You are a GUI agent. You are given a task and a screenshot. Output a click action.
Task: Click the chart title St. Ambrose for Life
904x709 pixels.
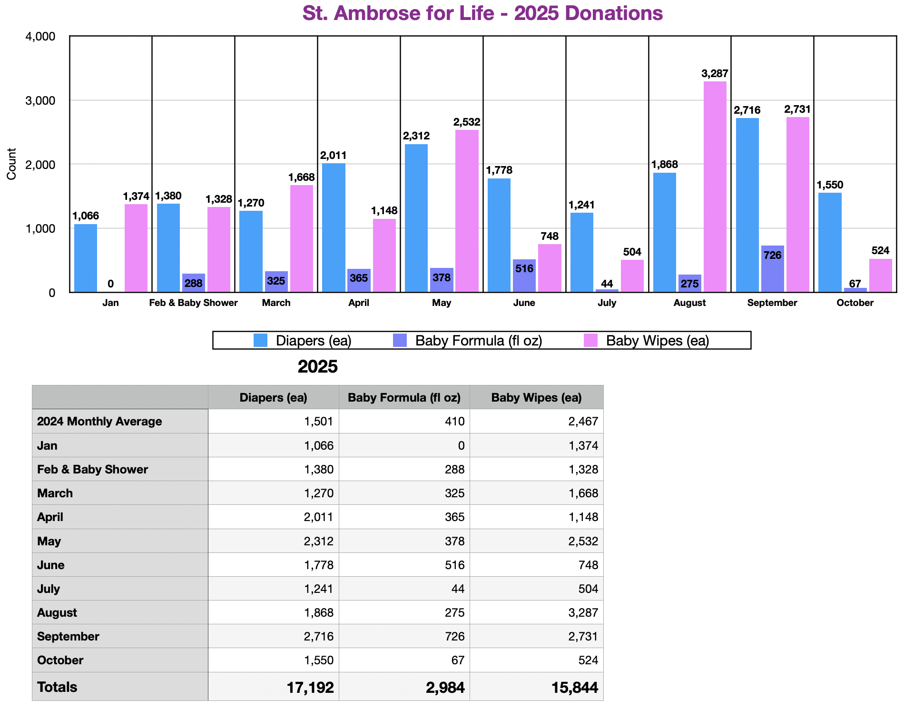coord(482,13)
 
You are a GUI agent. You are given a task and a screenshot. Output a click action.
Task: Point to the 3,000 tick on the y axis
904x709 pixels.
coord(42,100)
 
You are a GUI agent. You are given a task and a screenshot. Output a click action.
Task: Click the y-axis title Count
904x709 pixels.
coord(12,164)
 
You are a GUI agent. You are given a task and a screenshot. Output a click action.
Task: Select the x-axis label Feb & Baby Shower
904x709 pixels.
coord(193,303)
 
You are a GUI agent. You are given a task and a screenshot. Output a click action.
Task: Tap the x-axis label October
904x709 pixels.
coord(855,303)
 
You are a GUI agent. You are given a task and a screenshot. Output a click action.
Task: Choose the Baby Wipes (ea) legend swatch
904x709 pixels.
coord(590,340)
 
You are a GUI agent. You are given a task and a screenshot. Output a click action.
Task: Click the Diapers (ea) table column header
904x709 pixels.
coord(273,398)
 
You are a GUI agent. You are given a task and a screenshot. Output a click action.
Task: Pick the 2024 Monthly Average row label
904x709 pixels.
coord(99,422)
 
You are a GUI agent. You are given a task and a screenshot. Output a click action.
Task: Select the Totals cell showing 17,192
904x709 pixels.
coord(310,687)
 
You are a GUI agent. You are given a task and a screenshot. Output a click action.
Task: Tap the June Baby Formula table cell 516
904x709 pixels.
coord(454,565)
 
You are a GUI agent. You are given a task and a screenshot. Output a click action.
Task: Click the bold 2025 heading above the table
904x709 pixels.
coord(317,366)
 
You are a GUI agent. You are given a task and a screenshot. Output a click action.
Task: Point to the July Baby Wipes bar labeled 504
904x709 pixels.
coord(632,276)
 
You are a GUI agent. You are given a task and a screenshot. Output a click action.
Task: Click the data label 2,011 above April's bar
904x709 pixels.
coord(333,156)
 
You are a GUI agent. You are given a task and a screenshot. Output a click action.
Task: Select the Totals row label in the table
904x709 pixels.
coord(57,687)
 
